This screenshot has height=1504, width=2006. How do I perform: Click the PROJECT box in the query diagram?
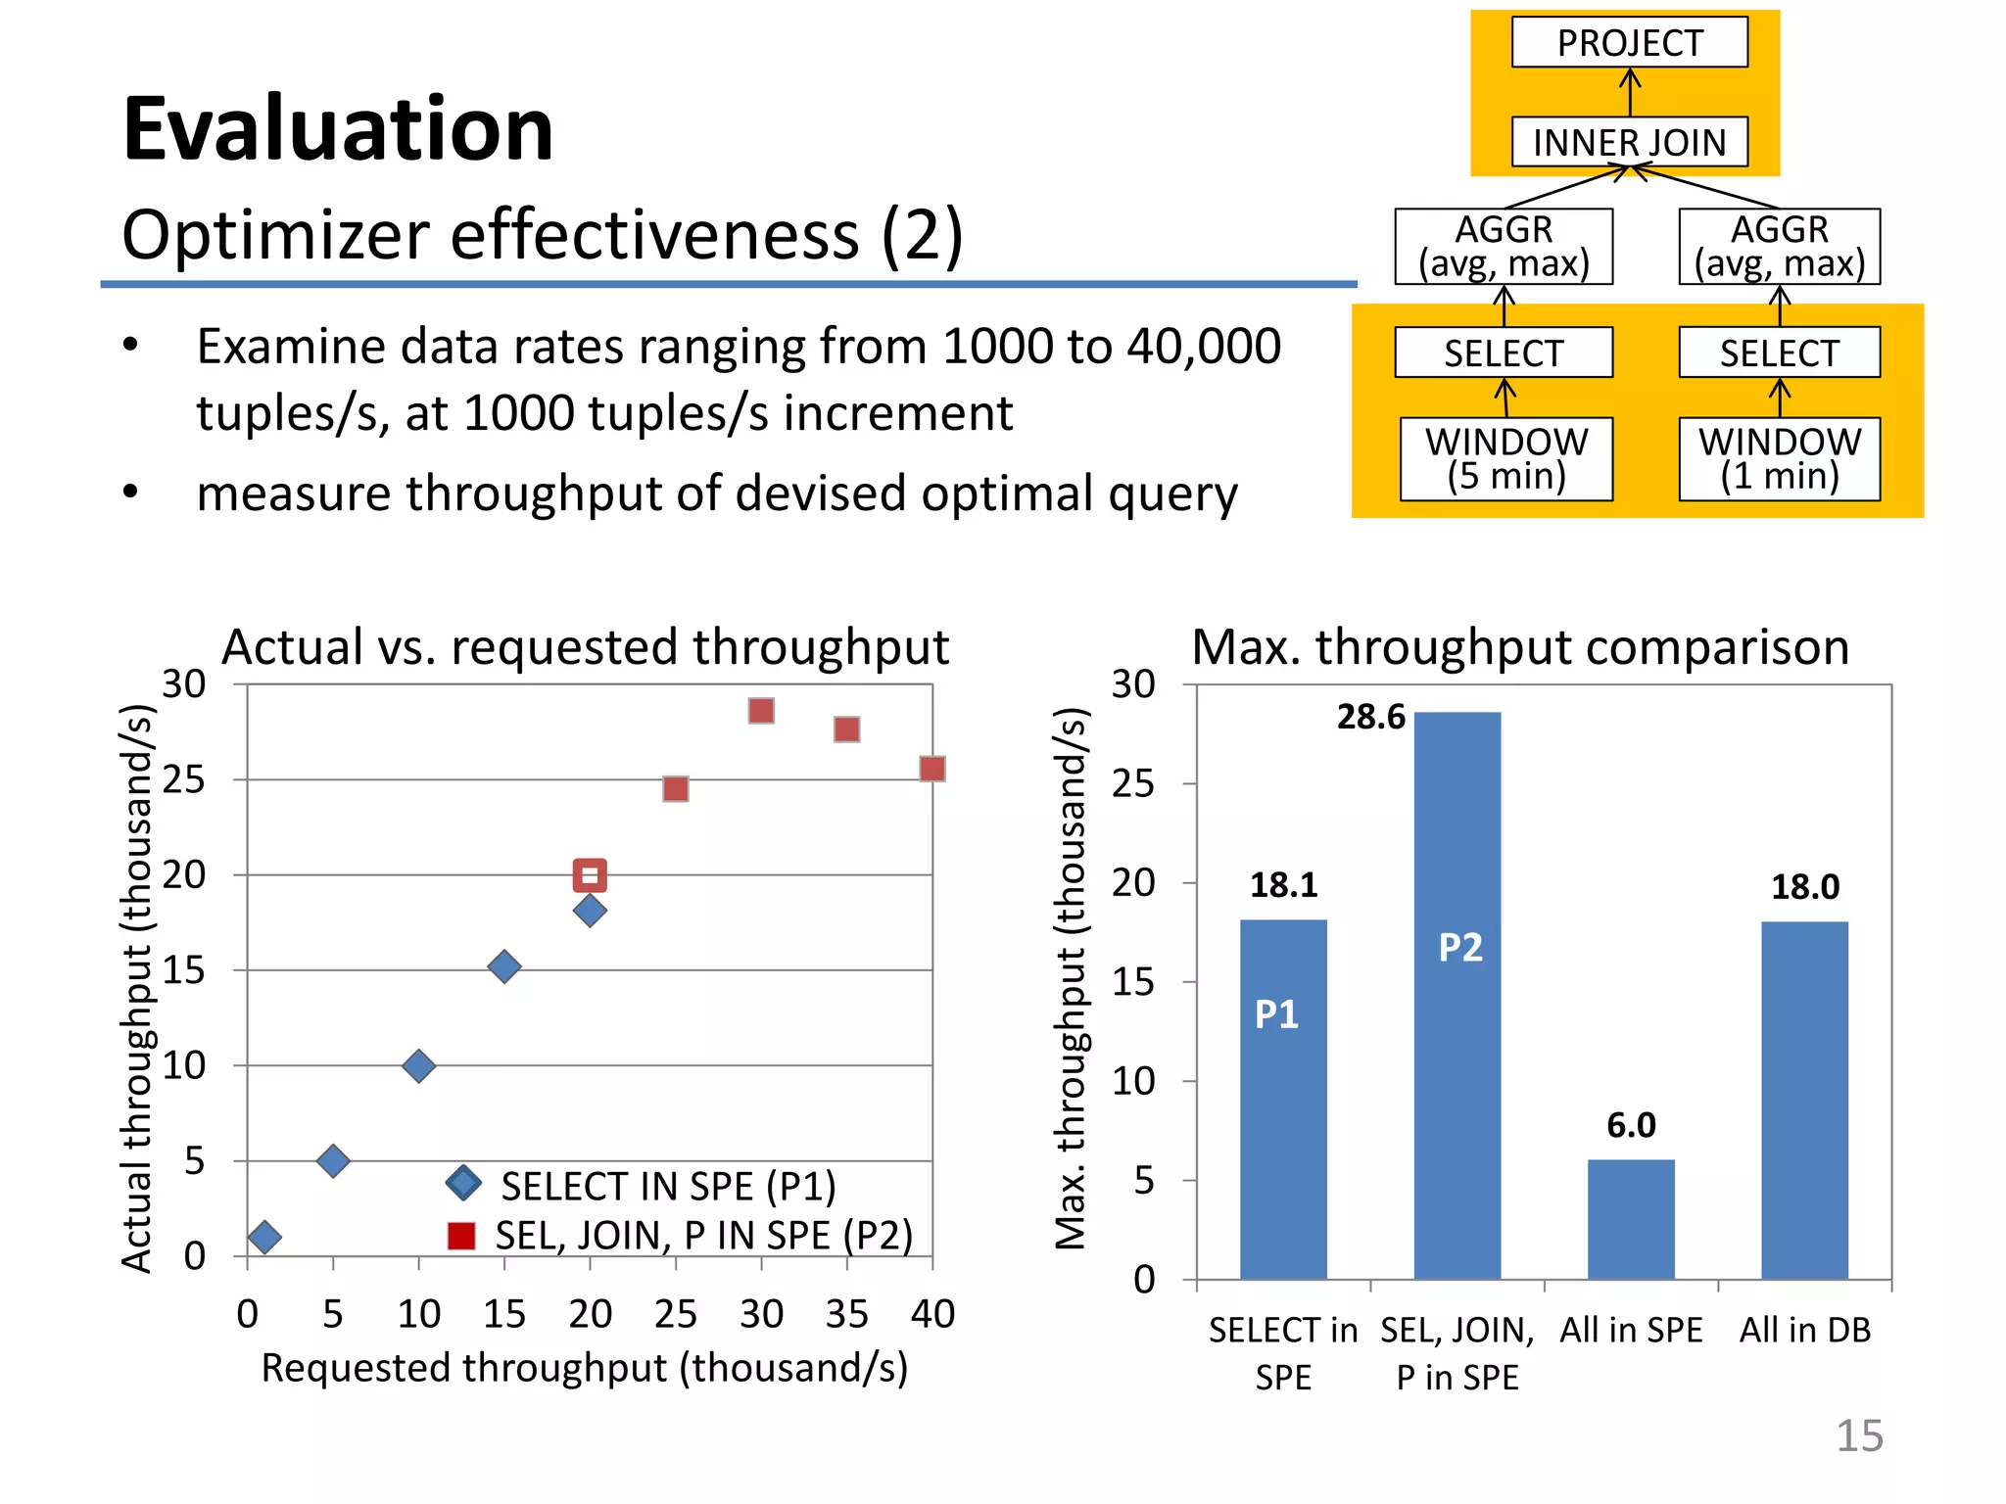(x=1629, y=43)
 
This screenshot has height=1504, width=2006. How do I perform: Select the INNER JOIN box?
(x=1629, y=143)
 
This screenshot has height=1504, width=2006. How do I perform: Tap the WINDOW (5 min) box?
(x=1505, y=459)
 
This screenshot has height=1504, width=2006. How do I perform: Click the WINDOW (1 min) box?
(x=1779, y=459)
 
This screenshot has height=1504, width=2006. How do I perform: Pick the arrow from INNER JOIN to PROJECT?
(x=1629, y=92)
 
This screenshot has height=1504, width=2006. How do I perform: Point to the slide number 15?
(x=1858, y=1435)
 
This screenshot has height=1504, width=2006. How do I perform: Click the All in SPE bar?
(x=1631, y=1219)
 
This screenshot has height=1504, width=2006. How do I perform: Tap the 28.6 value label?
(x=1370, y=718)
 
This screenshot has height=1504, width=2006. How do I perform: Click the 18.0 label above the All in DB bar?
(x=1804, y=887)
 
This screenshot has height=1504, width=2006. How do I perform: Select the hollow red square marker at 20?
(x=590, y=874)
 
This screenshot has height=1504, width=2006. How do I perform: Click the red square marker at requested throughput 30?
(x=761, y=711)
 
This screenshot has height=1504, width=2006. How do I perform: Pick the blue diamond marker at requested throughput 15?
(x=503, y=966)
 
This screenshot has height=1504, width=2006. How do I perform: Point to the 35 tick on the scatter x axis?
(x=846, y=1314)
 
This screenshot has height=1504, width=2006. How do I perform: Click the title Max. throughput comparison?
(x=1520, y=647)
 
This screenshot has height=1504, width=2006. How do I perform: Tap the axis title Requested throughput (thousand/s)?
(x=585, y=1368)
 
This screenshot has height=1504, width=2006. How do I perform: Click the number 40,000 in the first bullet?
(x=1204, y=346)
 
